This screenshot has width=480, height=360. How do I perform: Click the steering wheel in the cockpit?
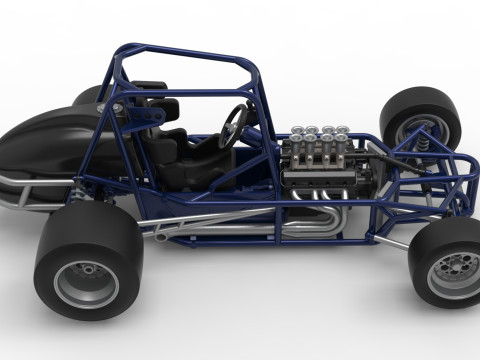tap(234, 124)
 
